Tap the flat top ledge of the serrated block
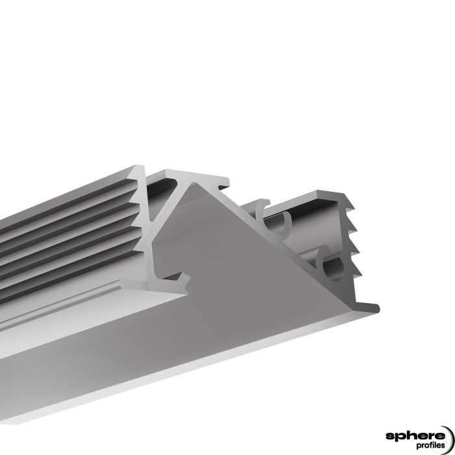click(x=325, y=197)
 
